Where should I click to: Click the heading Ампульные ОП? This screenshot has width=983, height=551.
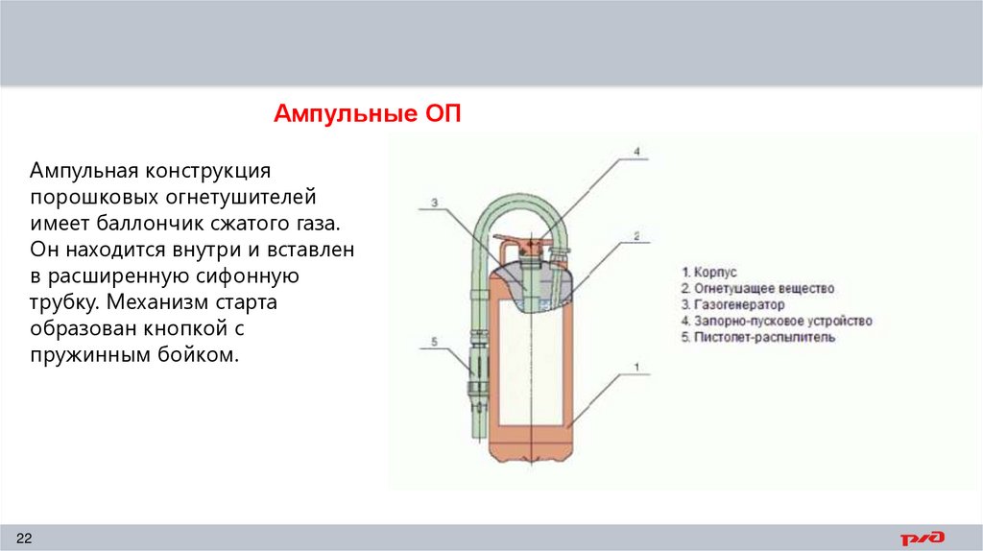[368, 114]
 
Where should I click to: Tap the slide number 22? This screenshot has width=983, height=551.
[24, 535]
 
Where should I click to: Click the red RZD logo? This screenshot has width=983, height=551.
[922, 537]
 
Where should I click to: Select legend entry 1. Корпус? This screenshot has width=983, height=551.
[708, 272]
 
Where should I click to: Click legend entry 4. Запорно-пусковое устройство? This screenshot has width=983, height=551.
[776, 321]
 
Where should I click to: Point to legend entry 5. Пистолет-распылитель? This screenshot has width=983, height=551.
[757, 337]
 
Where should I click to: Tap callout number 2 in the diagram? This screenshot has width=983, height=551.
[635, 234]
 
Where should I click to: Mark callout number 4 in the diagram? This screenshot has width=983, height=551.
[635, 151]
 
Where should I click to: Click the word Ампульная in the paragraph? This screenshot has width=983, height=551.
[84, 172]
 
